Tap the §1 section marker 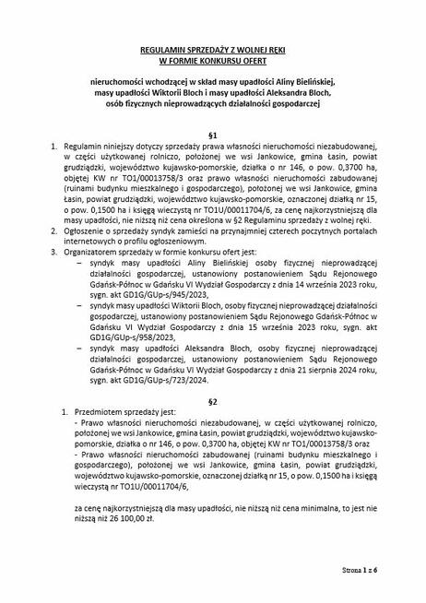[x=213, y=135]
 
